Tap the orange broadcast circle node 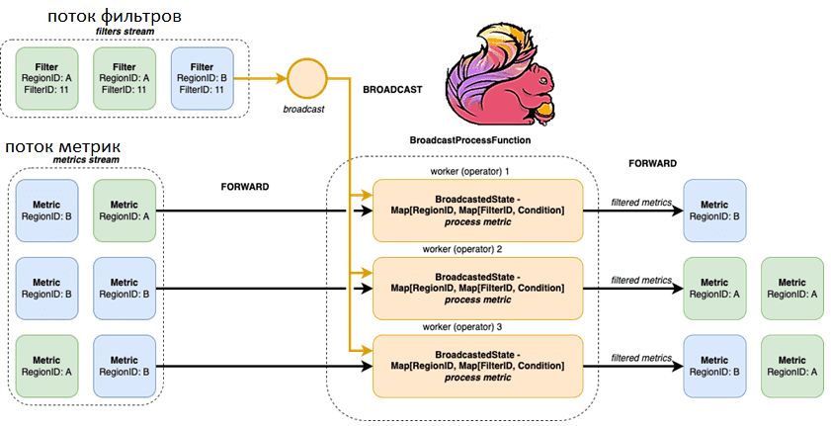point(305,77)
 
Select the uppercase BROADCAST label point(392,89)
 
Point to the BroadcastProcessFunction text point(469,141)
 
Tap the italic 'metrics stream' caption point(86,160)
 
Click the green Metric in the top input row point(124,211)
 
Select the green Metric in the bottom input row point(48,365)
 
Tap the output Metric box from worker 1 point(715,211)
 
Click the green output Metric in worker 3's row point(791,365)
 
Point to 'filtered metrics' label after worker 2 point(641,280)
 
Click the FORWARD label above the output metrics point(652,163)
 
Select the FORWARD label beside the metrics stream point(244,185)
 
